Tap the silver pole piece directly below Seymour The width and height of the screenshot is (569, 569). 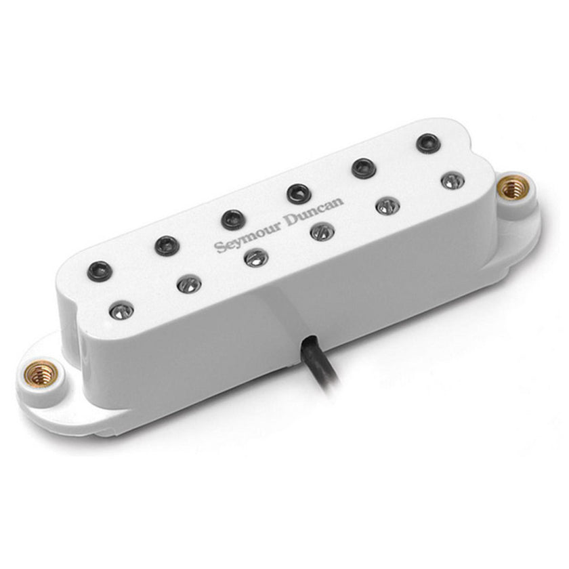(255, 258)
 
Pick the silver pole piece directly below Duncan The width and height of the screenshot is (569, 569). (318, 232)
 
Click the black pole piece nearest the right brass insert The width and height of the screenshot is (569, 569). (427, 143)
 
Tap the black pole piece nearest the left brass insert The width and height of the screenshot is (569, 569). (100, 269)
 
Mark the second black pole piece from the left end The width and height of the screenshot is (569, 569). (167, 245)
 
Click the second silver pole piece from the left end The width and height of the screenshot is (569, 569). (189, 284)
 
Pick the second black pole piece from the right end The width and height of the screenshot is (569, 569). (363, 167)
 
